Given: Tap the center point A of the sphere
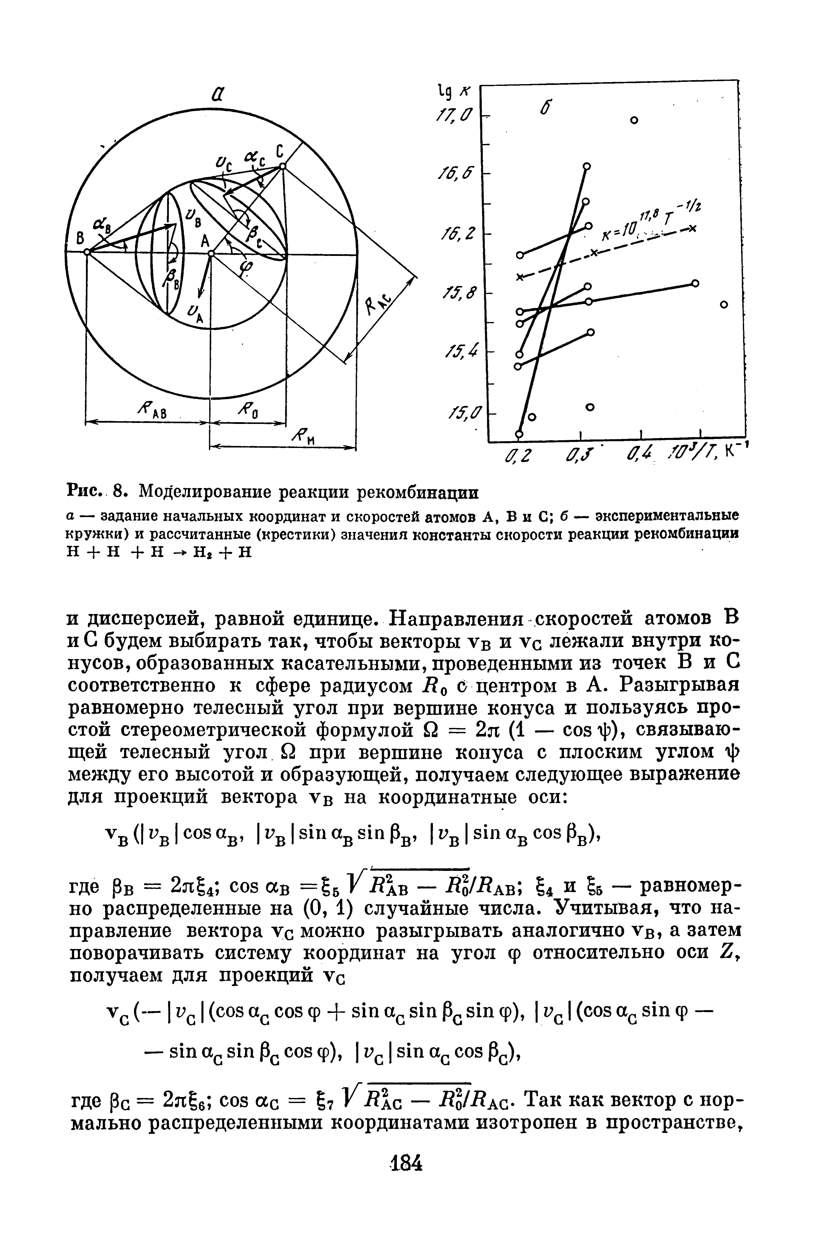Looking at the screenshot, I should [x=210, y=253].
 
